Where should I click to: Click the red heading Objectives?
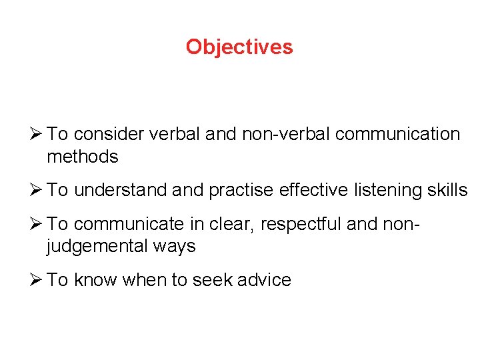coord(239,47)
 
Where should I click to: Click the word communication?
coord(398,134)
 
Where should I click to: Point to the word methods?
coord(83,157)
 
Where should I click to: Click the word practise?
coord(241,190)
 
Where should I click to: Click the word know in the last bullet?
coord(93,280)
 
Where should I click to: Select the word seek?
coord(209,280)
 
